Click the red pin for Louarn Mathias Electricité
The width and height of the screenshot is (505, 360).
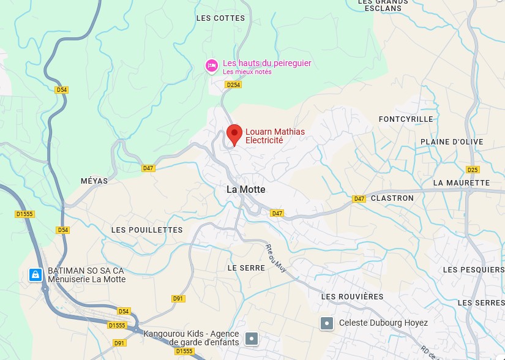click(234, 134)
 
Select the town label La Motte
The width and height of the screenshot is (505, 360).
click(246, 190)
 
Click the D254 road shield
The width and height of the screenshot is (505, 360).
click(233, 85)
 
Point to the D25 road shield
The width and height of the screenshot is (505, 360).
click(473, 170)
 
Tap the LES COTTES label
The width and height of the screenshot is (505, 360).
click(220, 18)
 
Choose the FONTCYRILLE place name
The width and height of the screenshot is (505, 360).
click(406, 119)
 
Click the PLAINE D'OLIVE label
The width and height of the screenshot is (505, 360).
click(452, 142)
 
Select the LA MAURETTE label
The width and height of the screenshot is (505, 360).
click(462, 183)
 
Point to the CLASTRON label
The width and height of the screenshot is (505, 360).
click(392, 198)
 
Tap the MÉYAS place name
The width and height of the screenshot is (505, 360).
click(94, 181)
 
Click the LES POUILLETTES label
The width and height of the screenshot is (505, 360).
click(147, 230)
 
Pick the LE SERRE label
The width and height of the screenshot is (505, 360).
click(246, 268)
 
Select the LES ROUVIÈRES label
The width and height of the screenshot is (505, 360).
click(353, 297)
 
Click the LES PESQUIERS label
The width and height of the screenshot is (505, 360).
click(473, 270)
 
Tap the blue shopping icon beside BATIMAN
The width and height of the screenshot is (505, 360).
click(36, 275)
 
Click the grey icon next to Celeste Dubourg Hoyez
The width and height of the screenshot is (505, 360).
click(327, 323)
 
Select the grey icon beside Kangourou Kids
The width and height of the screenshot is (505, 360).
click(251, 338)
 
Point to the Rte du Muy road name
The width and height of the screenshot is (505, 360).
click(276, 258)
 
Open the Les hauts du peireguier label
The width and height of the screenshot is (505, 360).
click(267, 63)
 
